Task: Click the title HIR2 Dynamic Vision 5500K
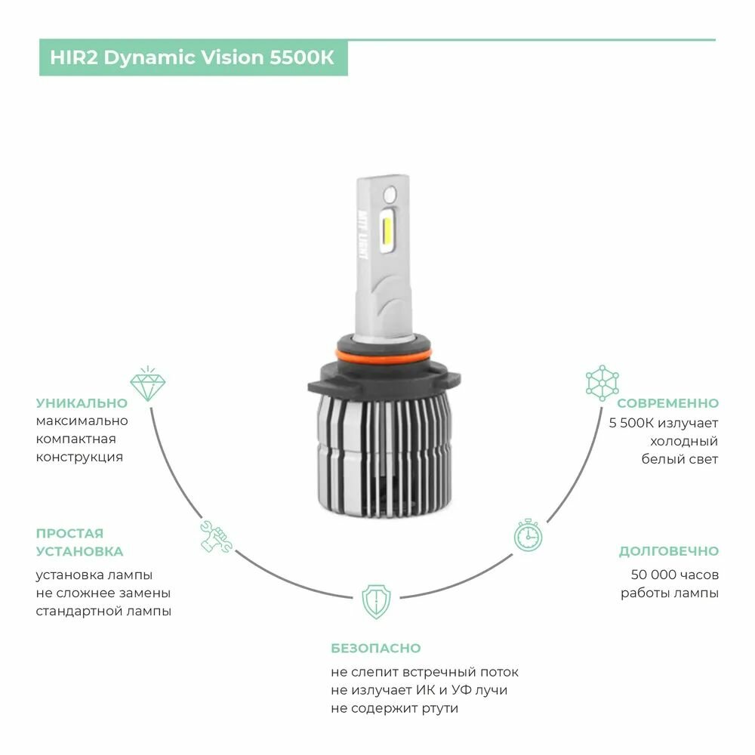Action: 193,58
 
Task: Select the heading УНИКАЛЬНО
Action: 82,403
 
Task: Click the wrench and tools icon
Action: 215,536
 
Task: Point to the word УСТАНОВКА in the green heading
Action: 79,552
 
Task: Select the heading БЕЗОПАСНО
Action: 375,649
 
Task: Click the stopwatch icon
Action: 528,535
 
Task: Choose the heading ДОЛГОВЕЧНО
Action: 668,551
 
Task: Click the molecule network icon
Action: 602,384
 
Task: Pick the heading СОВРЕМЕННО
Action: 667,403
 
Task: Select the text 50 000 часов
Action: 674,575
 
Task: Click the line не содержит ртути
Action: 394,708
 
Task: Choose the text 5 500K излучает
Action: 664,422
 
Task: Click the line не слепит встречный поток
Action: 424,672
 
